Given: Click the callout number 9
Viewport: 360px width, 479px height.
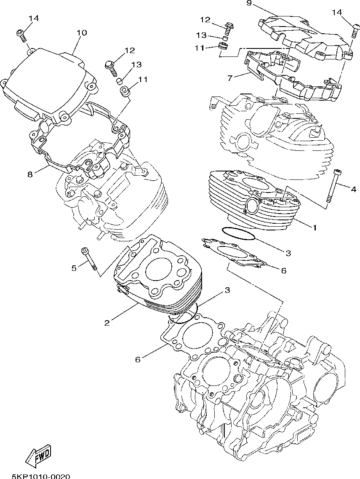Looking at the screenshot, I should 248,4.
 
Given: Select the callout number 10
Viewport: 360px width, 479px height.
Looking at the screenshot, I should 82,33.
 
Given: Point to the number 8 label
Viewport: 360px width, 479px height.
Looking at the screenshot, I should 30,173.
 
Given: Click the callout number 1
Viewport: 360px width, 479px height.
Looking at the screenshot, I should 314,227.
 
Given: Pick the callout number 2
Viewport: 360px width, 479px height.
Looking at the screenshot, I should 107,323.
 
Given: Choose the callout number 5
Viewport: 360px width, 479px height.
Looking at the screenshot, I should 74,268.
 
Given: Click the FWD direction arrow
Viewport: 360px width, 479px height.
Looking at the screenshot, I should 38,457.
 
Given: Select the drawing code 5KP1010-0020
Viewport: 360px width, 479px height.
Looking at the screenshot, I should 40,476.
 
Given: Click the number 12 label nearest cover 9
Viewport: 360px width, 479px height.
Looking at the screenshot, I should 205,20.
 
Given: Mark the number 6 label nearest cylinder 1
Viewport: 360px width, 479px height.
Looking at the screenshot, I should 283,270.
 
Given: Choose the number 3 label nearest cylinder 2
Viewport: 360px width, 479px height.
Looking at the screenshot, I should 227,290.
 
